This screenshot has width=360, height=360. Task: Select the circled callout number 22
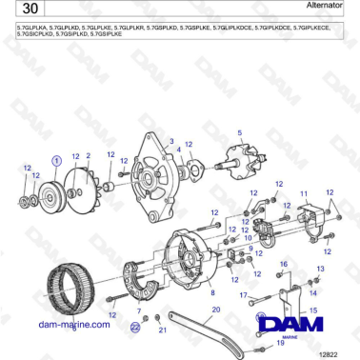click(x=134, y=326)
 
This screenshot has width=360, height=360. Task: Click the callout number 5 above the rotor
click(x=239, y=132)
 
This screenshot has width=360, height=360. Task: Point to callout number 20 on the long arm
click(x=216, y=310)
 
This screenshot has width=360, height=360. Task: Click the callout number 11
click(x=304, y=193)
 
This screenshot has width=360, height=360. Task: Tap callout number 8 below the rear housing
click(x=211, y=292)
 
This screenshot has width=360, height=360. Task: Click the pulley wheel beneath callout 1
click(x=47, y=201)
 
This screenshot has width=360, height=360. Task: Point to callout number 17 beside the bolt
click(x=243, y=295)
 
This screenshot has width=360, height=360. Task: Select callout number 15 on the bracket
click(x=314, y=310)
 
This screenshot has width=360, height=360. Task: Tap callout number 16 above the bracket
click(x=283, y=263)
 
